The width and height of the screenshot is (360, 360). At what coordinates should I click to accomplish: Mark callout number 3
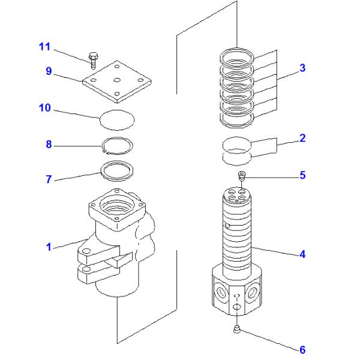[x=302, y=68]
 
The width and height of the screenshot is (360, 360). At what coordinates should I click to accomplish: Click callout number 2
[x=302, y=139]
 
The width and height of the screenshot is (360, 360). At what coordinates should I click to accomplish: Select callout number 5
[x=302, y=175]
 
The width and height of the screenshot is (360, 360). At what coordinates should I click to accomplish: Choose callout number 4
[x=302, y=254]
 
